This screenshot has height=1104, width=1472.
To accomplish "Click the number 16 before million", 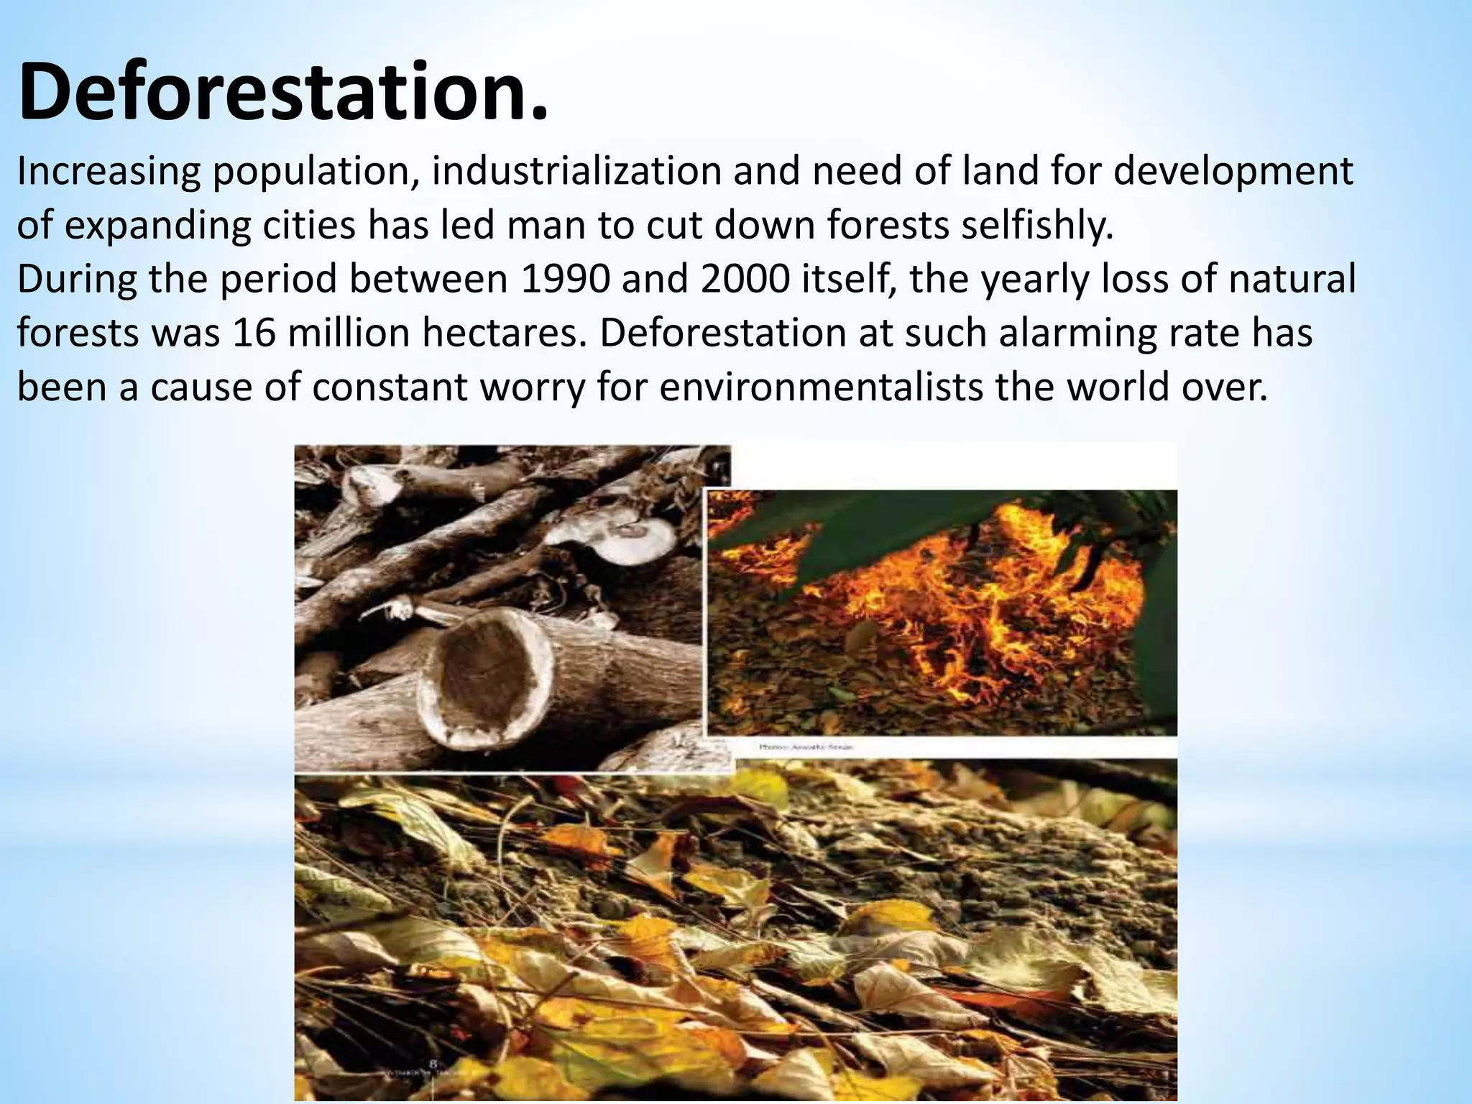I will click(x=254, y=333).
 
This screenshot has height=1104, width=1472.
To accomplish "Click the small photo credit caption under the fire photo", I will click(x=806, y=747).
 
